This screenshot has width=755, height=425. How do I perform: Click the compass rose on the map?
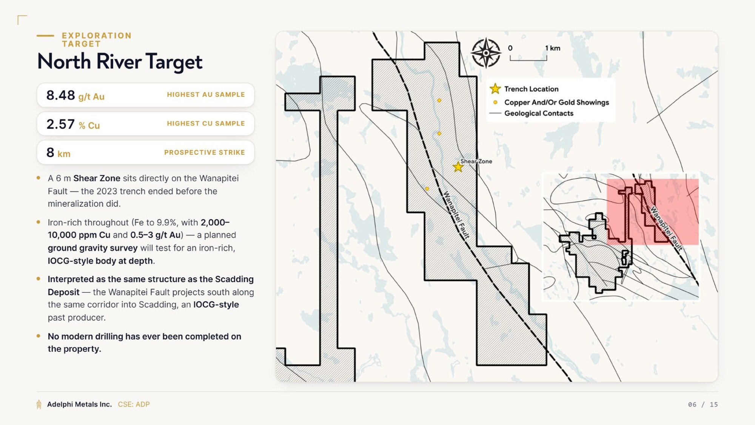point(486,53)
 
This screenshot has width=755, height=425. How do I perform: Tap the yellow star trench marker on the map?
point(458,167)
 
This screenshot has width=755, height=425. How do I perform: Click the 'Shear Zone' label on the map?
point(476,161)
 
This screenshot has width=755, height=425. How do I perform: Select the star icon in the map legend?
point(495,89)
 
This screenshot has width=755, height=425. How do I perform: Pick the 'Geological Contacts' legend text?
point(539,113)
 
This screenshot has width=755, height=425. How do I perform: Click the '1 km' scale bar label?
point(553,48)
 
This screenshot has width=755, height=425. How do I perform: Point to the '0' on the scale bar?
point(510,48)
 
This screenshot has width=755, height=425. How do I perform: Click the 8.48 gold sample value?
point(61,95)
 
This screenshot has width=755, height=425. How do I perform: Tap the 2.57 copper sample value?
point(61,124)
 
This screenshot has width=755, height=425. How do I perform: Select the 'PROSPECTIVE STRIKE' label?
point(205,152)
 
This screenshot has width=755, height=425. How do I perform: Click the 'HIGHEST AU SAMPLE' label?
point(206,94)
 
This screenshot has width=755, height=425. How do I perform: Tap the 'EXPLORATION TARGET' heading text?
point(97,40)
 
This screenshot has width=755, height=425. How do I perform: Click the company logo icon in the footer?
point(39,404)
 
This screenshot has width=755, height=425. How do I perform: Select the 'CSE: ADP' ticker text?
point(134,404)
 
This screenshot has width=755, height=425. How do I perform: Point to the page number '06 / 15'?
point(703,405)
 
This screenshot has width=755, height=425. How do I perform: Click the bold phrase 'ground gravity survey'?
point(92,248)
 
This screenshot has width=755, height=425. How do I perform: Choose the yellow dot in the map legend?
point(495,102)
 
